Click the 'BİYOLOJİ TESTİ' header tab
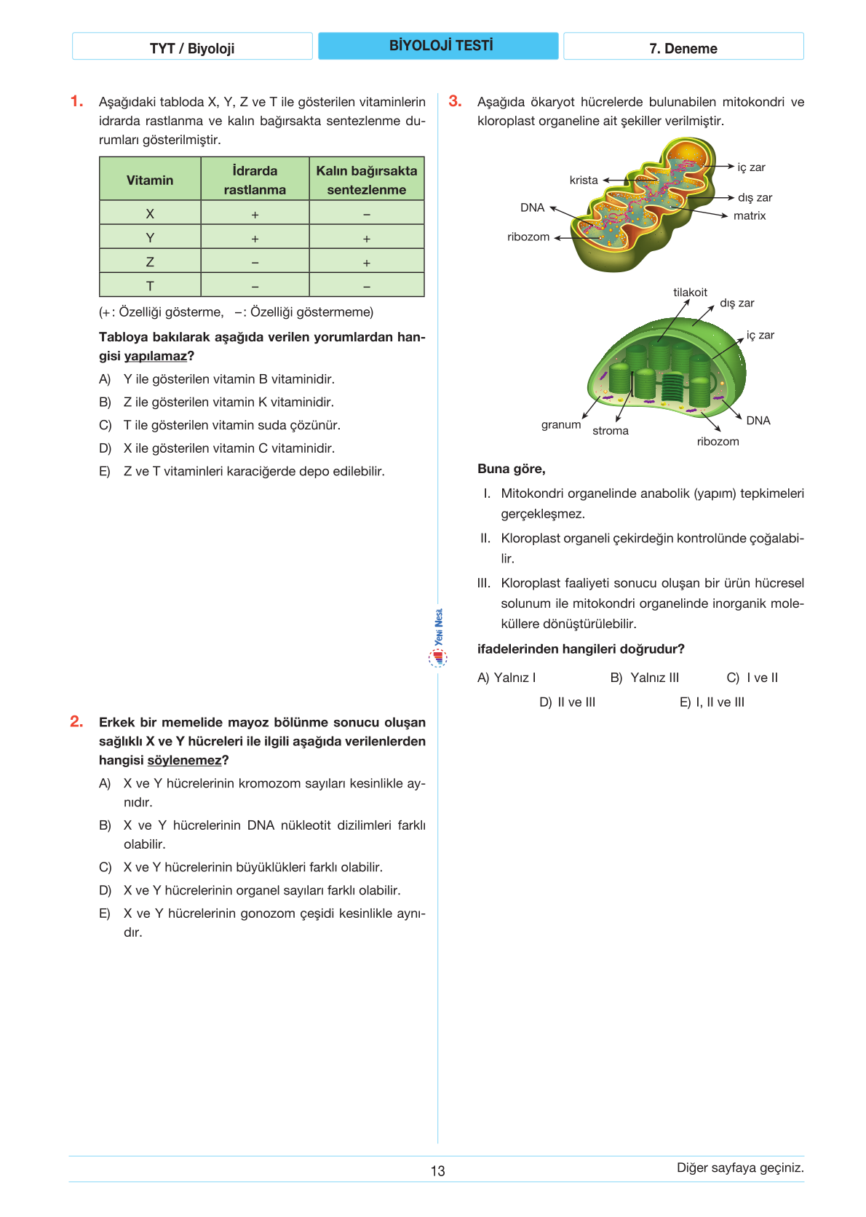pos(439,46)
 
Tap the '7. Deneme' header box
pos(683,48)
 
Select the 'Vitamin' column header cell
pos(150,180)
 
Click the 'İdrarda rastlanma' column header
pos(255,180)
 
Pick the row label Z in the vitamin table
pos(150,262)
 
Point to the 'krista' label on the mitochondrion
pos(584,180)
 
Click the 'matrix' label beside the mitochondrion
pos(750,215)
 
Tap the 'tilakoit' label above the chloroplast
pos(690,292)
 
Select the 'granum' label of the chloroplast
pos(561,424)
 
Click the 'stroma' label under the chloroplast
pos(611,430)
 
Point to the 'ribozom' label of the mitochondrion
pos(528,237)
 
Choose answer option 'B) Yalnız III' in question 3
pos(645,678)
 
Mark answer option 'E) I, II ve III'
pos(712,702)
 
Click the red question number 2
pos(76,721)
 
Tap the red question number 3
pos(455,101)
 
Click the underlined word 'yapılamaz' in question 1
pos(155,356)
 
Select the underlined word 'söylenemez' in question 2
pos(184,760)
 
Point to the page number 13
pos(437,1170)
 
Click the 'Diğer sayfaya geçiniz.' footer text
pos(740,1168)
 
